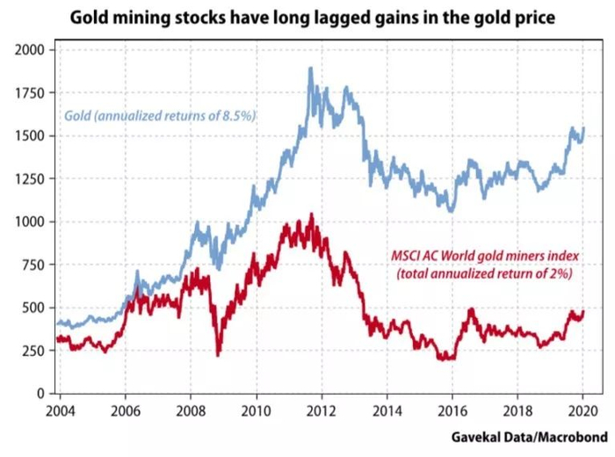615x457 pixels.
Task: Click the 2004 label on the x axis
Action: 60,410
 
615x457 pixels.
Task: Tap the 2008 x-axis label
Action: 191,410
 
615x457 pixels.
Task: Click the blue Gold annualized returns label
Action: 158,115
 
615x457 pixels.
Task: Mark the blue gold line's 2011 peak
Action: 310,69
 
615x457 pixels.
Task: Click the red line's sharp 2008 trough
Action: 218,354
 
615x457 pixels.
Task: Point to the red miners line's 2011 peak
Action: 310,214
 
